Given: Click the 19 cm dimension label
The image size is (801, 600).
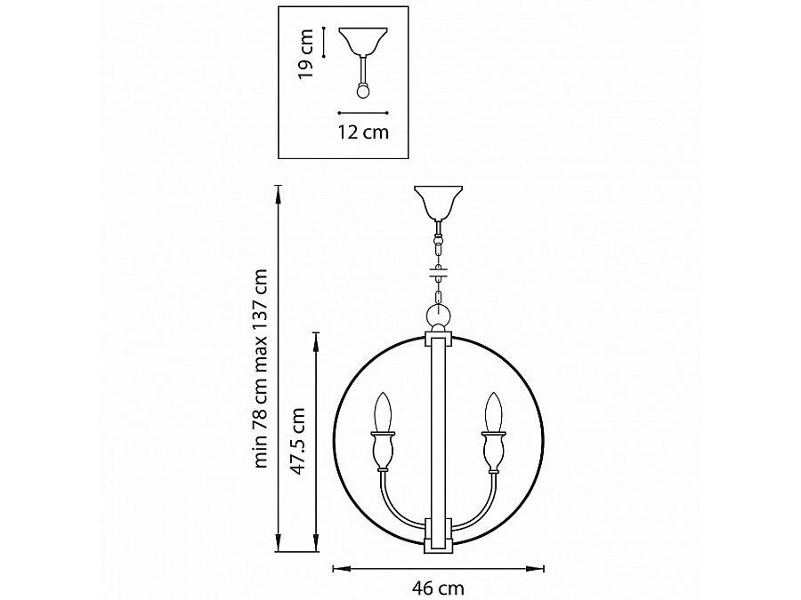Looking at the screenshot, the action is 306,54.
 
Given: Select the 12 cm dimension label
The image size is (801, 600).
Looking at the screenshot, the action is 363,132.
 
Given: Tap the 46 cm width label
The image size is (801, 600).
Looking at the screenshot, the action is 438,588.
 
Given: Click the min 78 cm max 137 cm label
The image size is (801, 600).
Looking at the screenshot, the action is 261,368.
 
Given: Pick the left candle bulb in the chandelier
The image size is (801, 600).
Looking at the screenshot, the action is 383,412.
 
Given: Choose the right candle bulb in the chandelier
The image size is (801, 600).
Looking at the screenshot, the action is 493,412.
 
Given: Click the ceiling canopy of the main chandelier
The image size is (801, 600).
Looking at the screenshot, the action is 438,202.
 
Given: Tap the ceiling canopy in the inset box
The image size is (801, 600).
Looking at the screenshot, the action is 363,41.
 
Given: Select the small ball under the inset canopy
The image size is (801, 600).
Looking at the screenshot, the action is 363,91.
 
